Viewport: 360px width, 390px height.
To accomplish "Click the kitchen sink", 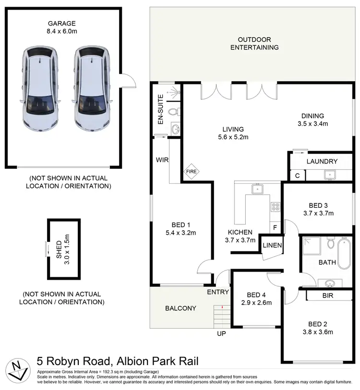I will tap(258, 189).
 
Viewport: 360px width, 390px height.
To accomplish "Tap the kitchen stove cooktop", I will tap(276, 207).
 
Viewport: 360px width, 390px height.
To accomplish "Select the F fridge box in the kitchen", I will tap(275, 228).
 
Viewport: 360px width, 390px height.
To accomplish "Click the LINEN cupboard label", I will tap(272, 246).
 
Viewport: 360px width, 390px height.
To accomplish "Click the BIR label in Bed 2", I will tap(328, 296).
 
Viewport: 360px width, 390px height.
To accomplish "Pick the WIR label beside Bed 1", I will tap(161, 160).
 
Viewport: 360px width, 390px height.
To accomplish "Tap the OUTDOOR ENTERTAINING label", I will tap(254, 43).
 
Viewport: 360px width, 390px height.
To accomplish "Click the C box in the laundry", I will tap(298, 176).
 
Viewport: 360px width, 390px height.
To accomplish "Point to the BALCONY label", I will tap(180, 308).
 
